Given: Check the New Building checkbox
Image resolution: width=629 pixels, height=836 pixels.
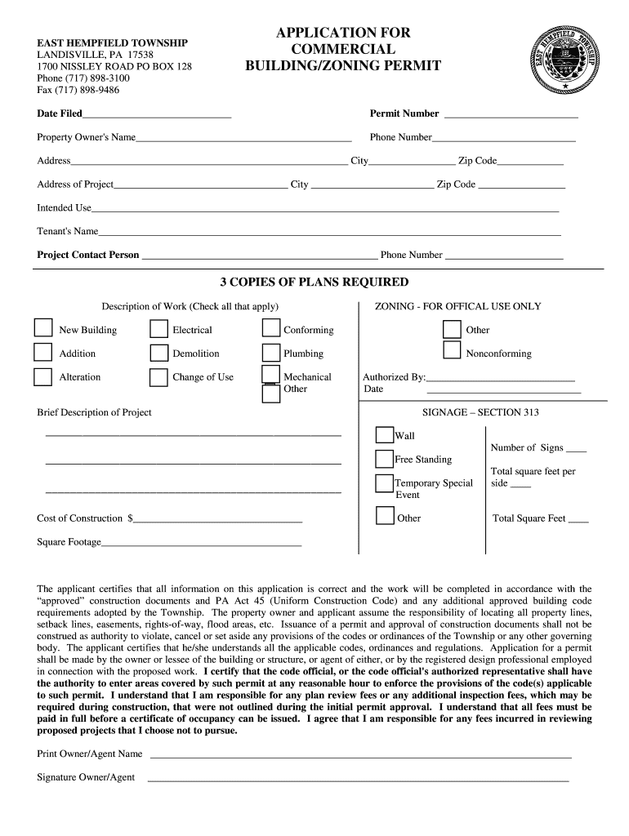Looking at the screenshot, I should (x=42, y=328).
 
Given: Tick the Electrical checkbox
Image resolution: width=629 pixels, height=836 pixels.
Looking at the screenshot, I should (x=159, y=328).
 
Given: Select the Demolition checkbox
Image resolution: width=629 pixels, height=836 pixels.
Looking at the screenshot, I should (x=159, y=353).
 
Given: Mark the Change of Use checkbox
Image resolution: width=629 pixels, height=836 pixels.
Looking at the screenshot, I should (x=159, y=377).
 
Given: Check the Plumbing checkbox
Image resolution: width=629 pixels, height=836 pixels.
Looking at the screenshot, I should (x=271, y=353).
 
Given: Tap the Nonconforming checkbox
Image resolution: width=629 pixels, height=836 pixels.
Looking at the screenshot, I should (x=452, y=350).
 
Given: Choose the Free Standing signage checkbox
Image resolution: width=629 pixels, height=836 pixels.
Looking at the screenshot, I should (x=384, y=459).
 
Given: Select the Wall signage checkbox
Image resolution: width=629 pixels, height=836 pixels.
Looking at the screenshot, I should (x=384, y=434).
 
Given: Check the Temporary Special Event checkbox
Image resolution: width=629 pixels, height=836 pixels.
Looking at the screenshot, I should (x=384, y=483).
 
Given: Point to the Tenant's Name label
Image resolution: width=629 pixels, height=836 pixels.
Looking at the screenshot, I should (x=68, y=231).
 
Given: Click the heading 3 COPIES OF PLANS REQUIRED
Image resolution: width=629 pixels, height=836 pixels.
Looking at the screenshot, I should (x=314, y=282).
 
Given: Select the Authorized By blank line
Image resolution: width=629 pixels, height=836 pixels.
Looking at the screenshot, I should (x=501, y=379).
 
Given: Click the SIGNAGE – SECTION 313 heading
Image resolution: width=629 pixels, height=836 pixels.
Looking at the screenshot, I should (x=480, y=412).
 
